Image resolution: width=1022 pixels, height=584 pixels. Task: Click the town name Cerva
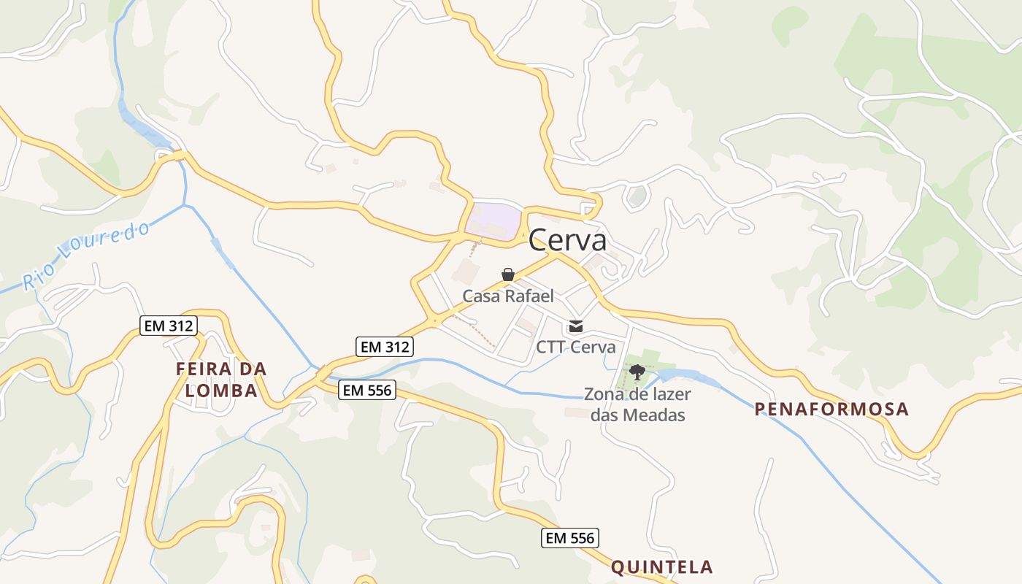[567, 239]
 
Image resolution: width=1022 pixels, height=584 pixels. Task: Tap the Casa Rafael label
[508, 296]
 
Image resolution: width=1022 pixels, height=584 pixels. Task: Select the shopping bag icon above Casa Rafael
[508, 274]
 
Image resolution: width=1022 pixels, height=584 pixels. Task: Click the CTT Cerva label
[575, 347]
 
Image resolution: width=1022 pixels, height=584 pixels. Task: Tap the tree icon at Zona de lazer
[637, 372]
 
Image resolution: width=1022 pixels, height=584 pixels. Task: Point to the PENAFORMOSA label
[832, 409]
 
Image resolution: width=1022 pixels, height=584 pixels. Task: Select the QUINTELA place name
[661, 566]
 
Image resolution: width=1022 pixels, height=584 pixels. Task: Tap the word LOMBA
[221, 391]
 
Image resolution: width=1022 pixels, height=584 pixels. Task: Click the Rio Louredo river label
[86, 255]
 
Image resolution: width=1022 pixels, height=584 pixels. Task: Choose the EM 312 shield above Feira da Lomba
[169, 326]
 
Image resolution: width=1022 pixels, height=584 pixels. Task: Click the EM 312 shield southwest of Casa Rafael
[385, 347]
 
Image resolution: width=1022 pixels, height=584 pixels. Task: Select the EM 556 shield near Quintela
[570, 539]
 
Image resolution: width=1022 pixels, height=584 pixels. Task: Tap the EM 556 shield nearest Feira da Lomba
[367, 391]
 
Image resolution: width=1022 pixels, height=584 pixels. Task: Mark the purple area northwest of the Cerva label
[494, 218]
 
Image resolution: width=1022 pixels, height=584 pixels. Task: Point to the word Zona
[604, 394]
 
